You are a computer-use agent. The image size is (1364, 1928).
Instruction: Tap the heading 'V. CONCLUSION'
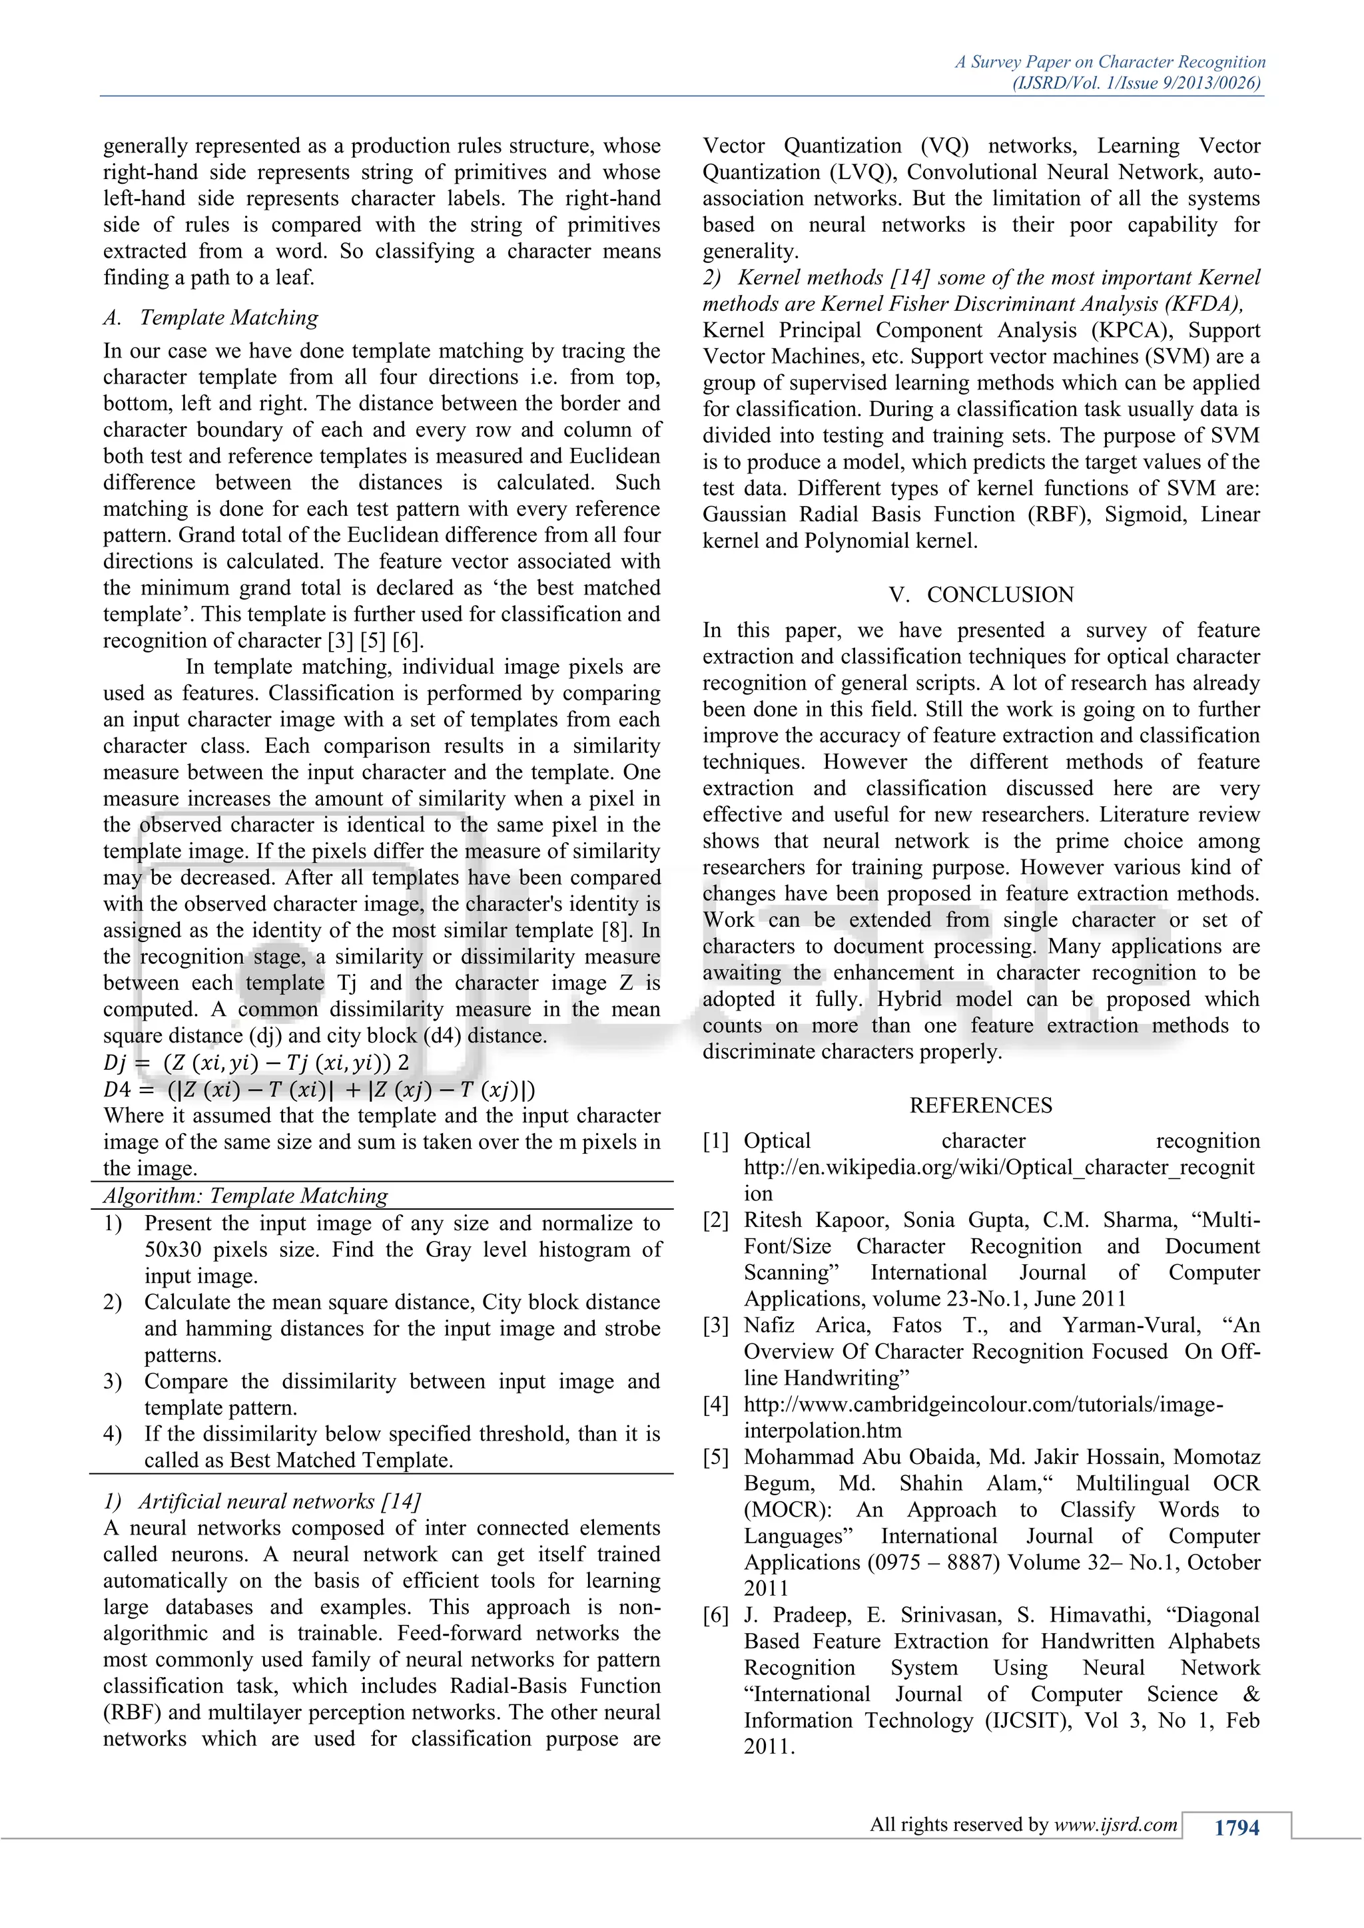981,595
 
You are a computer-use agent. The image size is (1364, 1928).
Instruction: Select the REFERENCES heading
981,1105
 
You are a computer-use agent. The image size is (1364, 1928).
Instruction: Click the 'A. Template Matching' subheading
211,318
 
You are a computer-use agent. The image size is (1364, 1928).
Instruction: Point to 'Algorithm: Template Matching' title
245,1196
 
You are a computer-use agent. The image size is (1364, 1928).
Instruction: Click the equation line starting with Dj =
256,1063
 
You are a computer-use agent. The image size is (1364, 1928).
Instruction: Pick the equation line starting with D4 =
319,1090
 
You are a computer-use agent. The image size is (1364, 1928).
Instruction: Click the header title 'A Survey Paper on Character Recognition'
1110,62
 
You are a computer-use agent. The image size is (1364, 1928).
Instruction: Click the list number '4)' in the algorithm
113,1433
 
